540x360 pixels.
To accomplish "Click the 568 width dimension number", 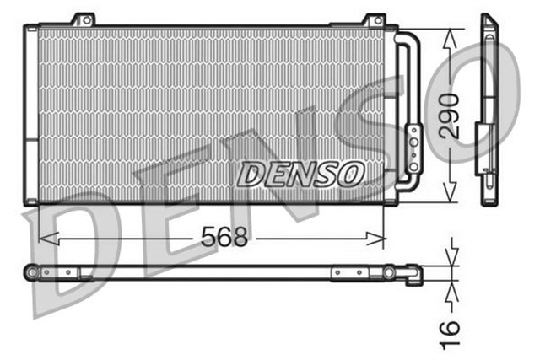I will pyautogui.click(x=225, y=238).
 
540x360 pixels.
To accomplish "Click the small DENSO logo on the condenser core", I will pyautogui.click(x=300, y=175).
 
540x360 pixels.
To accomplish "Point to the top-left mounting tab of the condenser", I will pyautogui.click(x=83, y=19).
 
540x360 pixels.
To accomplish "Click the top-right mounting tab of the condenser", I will pyautogui.click(x=374, y=19).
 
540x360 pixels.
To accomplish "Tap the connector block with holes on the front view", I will pyautogui.click(x=413, y=148).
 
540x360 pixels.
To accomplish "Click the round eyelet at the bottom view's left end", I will pyautogui.click(x=32, y=272).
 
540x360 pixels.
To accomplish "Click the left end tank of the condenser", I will pyautogui.click(x=30, y=114).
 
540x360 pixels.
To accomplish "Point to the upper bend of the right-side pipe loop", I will pyautogui.click(x=408, y=38).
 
